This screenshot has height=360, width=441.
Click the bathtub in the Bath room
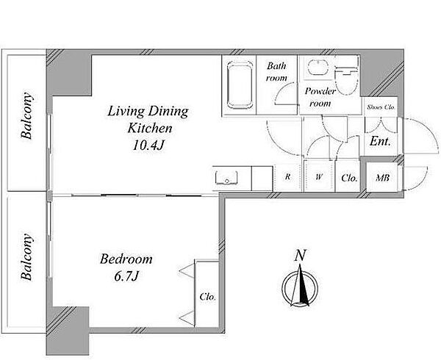coord(240,85)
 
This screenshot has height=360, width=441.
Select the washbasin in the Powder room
coord(318,68)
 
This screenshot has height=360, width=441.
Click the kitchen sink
coord(226,177)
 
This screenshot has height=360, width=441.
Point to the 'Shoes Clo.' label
coord(381,107)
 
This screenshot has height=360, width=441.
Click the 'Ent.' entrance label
coord(380,141)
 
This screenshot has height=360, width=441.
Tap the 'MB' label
coord(382,178)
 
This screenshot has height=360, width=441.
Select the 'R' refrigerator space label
coord(287,177)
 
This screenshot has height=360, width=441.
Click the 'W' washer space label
coord(319,177)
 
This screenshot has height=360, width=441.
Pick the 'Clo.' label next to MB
coord(349,178)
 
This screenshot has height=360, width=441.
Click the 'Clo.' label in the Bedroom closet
coord(208,297)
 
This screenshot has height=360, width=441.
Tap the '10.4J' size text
coord(148,145)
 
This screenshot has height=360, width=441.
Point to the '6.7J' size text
coord(126,276)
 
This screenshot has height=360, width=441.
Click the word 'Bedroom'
coord(126,259)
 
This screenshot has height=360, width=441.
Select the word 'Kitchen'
coord(150,128)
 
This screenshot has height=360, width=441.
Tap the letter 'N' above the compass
coord(300,256)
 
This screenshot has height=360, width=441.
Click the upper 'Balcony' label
coord(26,115)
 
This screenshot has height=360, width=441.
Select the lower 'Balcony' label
coord(26,256)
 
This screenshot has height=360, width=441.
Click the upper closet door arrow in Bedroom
coord(187,271)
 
